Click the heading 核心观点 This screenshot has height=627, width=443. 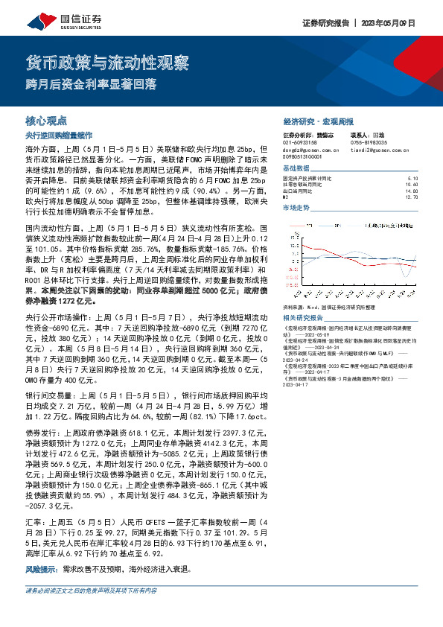click(x=46, y=120)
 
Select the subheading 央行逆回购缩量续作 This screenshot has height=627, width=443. click(x=58, y=136)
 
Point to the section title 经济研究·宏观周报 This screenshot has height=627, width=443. click(x=319, y=121)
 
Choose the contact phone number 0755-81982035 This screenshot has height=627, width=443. click(x=369, y=141)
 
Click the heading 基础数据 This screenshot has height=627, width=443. click(x=296, y=168)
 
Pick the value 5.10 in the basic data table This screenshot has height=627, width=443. click(x=414, y=179)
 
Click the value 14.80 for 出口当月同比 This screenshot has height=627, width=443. click(x=412, y=191)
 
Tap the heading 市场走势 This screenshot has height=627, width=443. click(x=296, y=209)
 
